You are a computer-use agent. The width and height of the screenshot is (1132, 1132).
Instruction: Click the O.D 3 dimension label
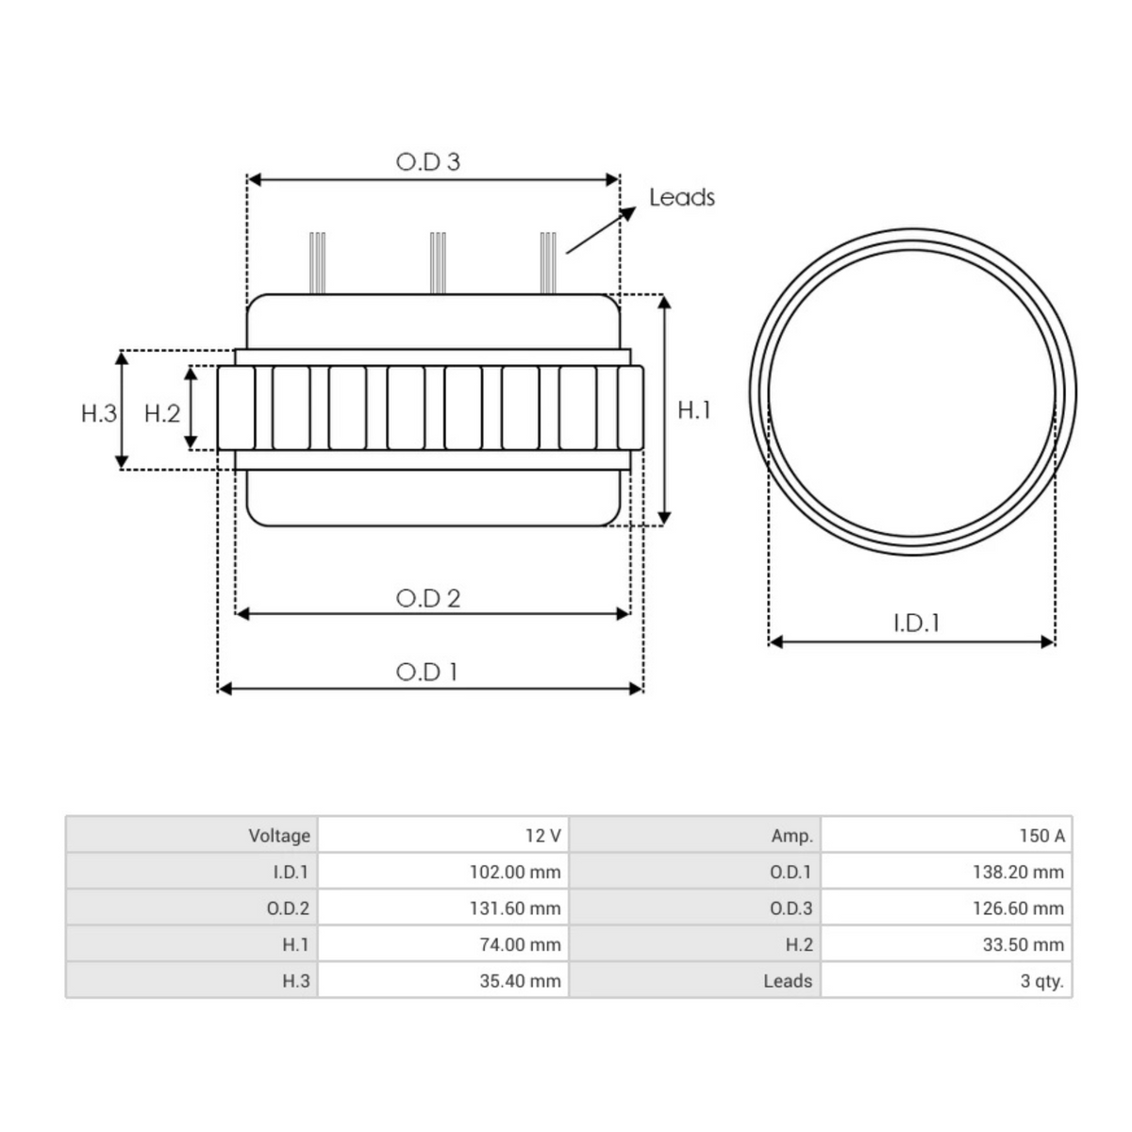coord(428,162)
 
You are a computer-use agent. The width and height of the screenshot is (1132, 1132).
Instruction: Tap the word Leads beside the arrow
coord(681,197)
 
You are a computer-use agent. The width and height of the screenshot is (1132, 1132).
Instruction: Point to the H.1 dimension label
coord(694,409)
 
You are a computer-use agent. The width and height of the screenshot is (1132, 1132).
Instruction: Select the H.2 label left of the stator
coord(162,413)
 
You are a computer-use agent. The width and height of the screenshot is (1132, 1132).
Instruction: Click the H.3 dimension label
coord(99,413)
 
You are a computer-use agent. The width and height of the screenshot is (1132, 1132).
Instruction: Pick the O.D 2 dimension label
coord(428,598)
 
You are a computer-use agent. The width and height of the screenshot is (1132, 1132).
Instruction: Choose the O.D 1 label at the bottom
coord(427,672)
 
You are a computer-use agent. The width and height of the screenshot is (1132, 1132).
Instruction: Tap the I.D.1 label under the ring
coord(916,623)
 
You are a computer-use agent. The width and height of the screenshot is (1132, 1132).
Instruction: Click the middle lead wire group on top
coord(438,262)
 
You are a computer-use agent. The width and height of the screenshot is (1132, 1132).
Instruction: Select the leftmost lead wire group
coord(318,262)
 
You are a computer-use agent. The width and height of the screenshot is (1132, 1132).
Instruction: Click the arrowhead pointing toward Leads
coord(628,212)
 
